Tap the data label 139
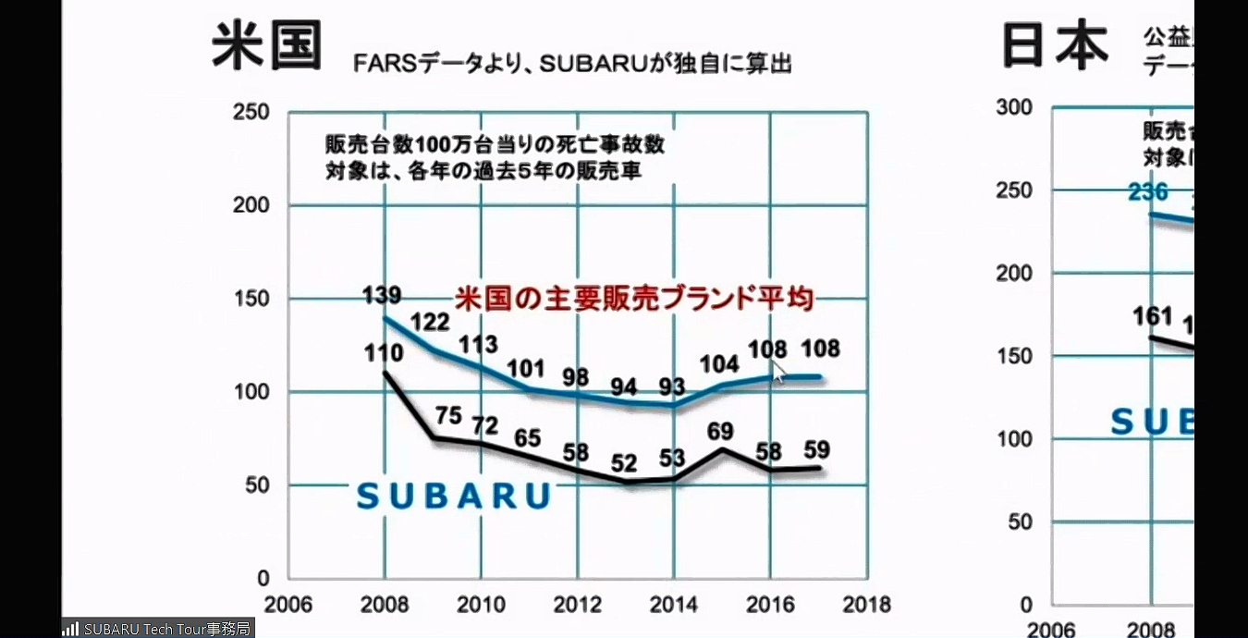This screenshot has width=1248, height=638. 382,296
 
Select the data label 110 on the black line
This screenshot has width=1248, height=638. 382,352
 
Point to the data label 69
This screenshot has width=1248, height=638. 720,430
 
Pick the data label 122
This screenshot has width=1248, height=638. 430,322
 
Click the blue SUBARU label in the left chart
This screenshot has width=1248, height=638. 453,497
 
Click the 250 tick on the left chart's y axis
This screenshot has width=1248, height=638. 252,113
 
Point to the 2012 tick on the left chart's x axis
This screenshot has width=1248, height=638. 577,605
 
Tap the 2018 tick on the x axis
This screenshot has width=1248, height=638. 865,605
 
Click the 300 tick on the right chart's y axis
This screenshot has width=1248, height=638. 1014,107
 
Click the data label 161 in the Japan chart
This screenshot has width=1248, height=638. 1152,316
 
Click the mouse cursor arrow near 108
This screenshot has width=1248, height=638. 778,372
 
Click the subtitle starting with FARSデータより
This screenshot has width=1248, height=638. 572,64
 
